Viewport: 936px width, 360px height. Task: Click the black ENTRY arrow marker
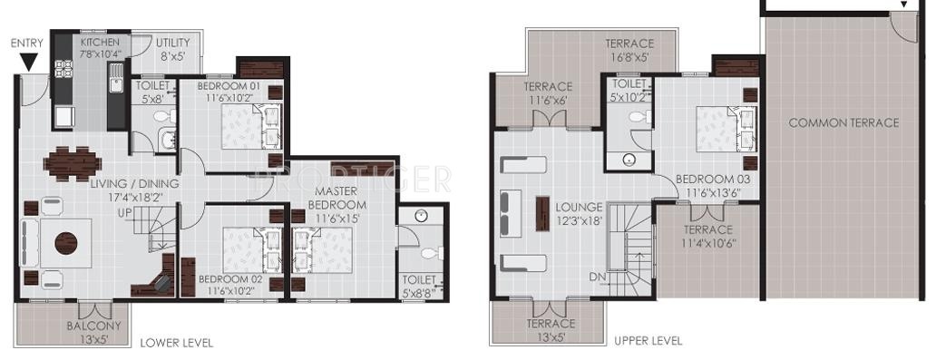click(29, 62)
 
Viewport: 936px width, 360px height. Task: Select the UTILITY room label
click(173, 49)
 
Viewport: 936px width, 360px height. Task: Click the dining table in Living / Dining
click(73, 163)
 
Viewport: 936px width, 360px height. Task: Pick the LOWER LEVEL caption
click(177, 343)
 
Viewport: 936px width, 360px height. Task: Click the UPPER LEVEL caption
click(648, 341)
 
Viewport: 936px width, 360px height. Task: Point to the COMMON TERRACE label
click(843, 122)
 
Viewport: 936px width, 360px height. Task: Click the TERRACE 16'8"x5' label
click(629, 50)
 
